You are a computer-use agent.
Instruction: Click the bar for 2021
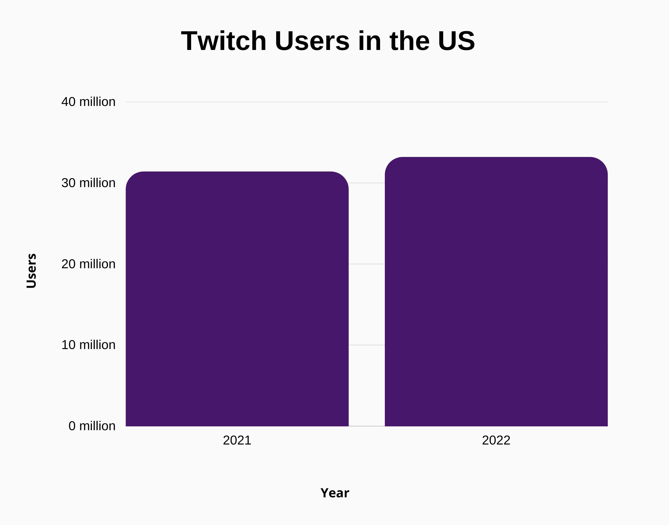[x=237, y=299]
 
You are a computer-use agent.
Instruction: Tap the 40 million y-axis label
[x=88, y=102]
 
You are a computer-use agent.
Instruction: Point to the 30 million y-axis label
[x=88, y=183]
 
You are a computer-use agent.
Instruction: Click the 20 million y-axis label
[x=88, y=264]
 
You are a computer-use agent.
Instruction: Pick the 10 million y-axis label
[x=88, y=345]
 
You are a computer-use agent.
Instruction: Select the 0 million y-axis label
[x=92, y=426]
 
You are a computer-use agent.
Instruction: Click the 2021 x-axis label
[x=237, y=440]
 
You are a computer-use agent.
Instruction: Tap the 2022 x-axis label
[x=496, y=440]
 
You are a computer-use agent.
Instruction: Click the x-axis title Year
[x=334, y=493]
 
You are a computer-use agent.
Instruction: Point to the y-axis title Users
[x=31, y=271]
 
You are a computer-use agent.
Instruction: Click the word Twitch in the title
[x=224, y=41]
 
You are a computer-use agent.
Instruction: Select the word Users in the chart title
[x=312, y=41]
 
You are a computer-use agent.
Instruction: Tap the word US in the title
[x=456, y=41]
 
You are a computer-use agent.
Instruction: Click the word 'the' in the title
[x=409, y=41]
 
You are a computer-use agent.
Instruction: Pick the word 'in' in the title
[x=370, y=41]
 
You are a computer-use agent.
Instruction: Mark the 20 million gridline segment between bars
[x=367, y=264]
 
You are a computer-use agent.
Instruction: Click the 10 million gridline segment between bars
[x=367, y=345]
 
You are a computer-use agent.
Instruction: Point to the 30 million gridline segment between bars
[x=367, y=183]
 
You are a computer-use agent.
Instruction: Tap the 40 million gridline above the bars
[x=366, y=102]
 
